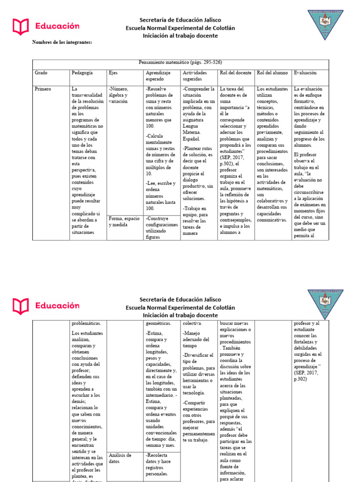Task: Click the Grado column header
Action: [x=41, y=73]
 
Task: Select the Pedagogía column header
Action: [x=82, y=73]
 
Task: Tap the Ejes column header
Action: [x=113, y=73]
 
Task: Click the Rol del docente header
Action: [x=235, y=73]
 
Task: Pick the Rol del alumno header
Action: [x=272, y=73]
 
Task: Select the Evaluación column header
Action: [x=305, y=73]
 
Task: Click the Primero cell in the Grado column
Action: [x=43, y=88]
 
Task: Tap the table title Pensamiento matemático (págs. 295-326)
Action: [x=180, y=62]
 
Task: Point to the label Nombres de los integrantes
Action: [x=62, y=42]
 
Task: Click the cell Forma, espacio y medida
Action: [x=124, y=221]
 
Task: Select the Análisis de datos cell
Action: [x=120, y=458]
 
